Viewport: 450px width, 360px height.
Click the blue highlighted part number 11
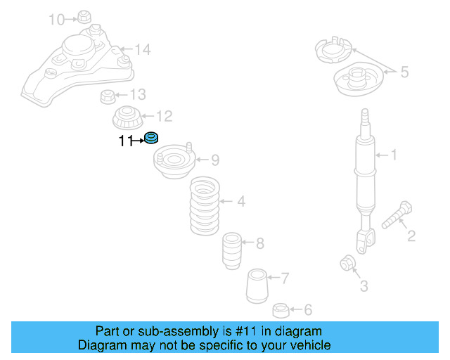point(151,138)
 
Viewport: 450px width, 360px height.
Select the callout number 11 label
point(125,141)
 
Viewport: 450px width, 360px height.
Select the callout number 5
point(404,71)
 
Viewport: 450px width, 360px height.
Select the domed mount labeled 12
point(127,116)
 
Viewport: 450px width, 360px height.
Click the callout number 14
point(143,50)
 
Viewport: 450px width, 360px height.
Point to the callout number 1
point(394,155)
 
